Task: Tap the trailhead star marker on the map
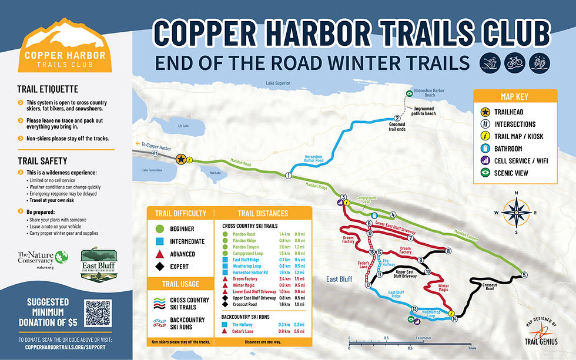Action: click(182, 159)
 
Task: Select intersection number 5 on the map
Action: click(524, 275)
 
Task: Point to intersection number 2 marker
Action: click(397, 119)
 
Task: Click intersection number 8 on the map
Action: click(448, 251)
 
